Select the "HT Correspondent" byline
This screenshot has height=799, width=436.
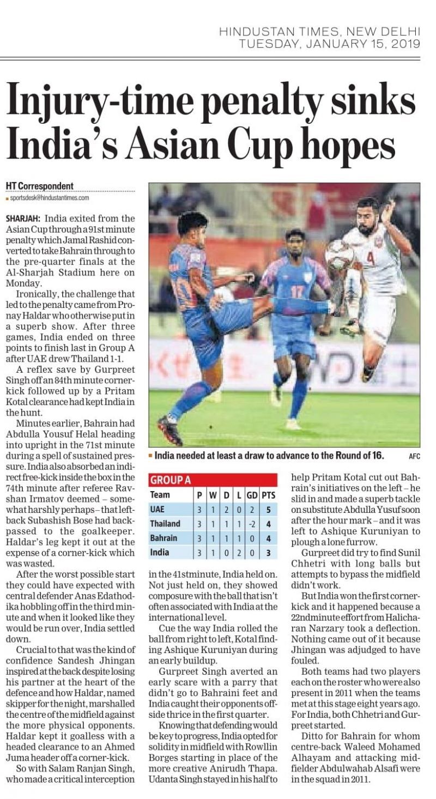tap(39, 186)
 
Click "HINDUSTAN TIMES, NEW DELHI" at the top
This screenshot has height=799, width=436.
tap(319, 32)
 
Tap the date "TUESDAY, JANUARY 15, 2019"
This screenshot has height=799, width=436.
tap(330, 43)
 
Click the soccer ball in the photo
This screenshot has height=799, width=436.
tap(339, 253)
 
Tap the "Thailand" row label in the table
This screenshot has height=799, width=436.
tap(165, 523)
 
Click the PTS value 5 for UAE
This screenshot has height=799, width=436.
tap(268, 509)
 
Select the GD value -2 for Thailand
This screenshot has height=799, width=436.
tap(252, 523)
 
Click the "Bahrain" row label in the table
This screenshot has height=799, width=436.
tap(163, 538)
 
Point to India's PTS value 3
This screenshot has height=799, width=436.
tap(268, 552)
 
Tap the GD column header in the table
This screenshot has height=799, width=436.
tap(251, 495)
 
